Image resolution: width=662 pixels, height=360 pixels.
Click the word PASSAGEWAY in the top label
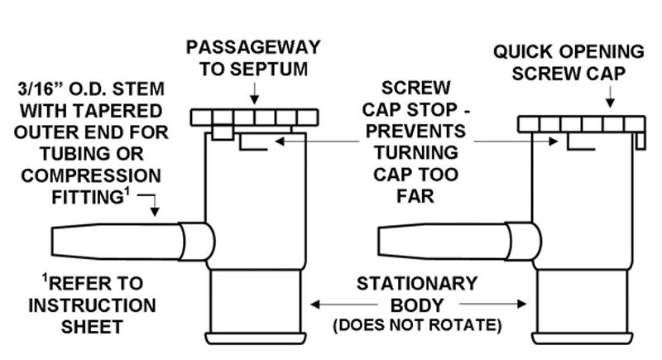253,47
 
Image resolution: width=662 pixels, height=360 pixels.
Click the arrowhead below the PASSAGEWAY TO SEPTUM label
254,99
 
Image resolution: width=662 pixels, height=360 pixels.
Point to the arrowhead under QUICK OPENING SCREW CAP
610,103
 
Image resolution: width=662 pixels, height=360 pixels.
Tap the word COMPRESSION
91,175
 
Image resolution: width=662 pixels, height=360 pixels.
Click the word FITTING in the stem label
88,197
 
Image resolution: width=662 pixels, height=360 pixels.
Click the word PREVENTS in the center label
416,131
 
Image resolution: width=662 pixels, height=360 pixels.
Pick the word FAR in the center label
415,196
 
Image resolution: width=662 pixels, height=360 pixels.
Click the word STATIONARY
417,283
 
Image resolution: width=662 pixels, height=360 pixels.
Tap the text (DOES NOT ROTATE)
417,325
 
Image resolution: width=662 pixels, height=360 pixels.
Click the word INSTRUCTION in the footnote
92,305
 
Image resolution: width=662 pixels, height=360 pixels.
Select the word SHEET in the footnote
92,327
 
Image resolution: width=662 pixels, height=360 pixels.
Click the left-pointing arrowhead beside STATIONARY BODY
315,304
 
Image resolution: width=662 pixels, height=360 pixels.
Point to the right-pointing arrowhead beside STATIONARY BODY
522,304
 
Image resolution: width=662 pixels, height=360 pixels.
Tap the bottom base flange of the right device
583,338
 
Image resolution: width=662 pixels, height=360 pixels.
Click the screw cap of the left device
254,118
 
